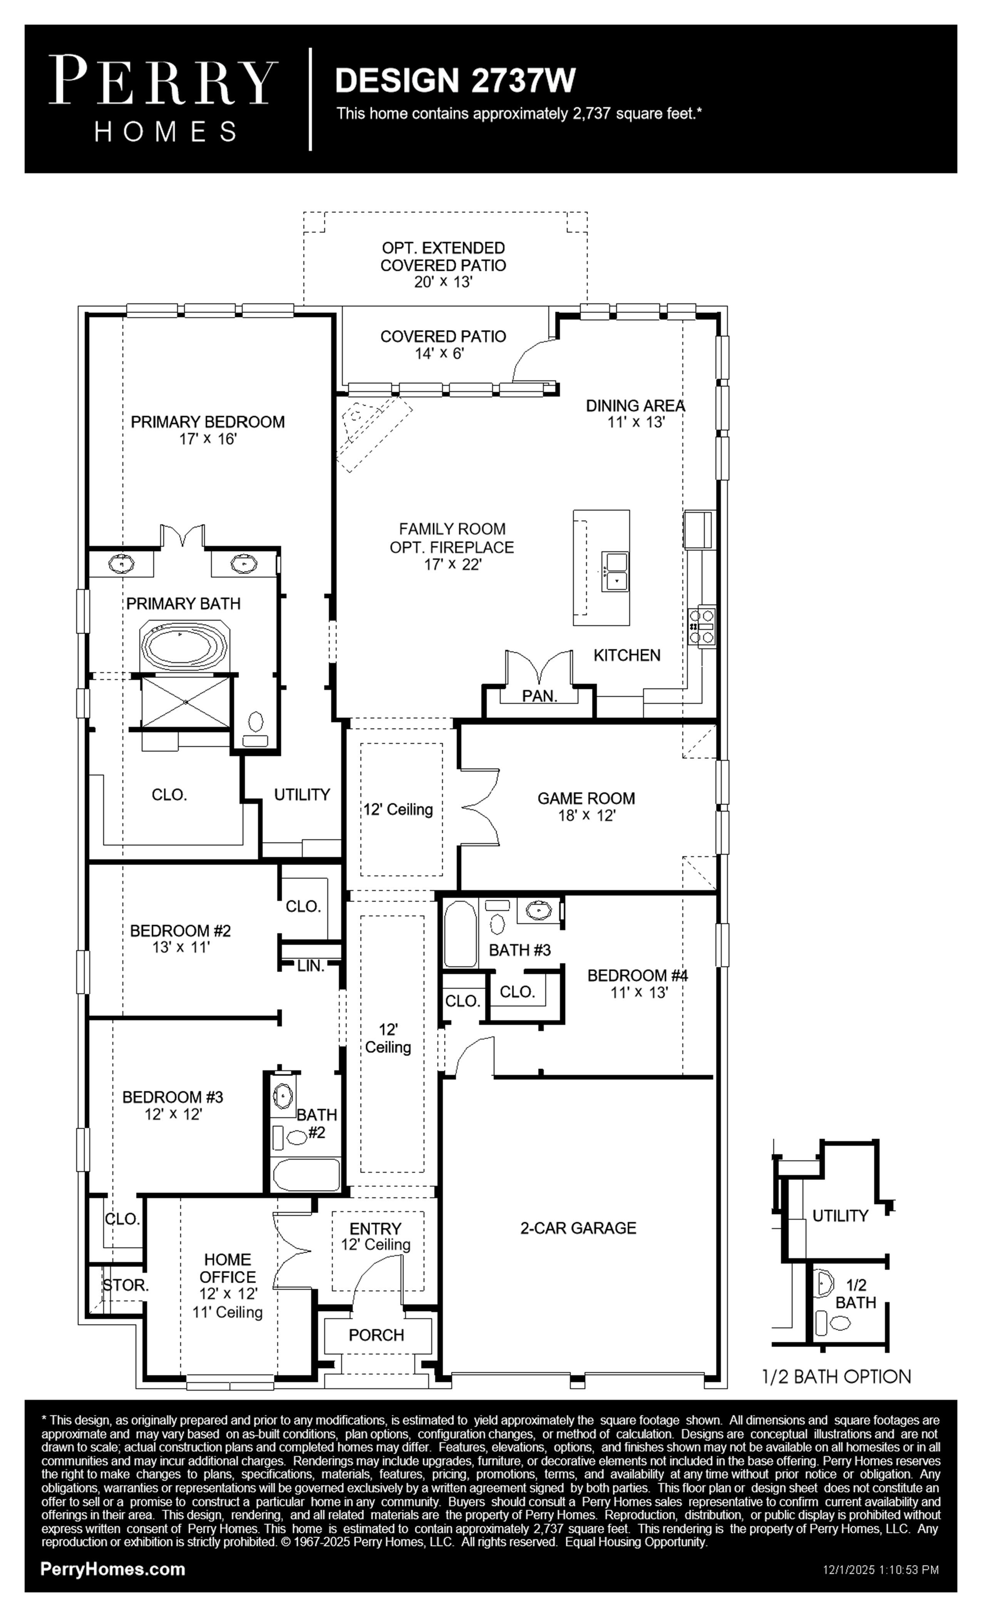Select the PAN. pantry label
(540, 696)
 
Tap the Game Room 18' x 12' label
(586, 807)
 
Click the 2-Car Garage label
(578, 1228)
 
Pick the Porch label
(376, 1335)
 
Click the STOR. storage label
(126, 1286)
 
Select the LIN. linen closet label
(310, 966)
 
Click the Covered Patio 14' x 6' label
(443, 345)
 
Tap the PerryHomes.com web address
(113, 1569)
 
